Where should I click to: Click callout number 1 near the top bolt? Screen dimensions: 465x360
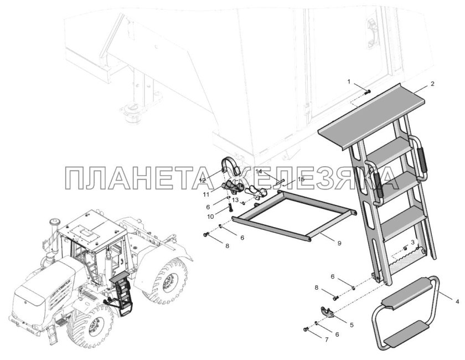(x=349, y=81)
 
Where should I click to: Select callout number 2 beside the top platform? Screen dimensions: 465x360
(x=432, y=84)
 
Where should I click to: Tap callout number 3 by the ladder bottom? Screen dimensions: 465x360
(x=413, y=243)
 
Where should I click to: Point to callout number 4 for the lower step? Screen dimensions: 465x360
(x=457, y=302)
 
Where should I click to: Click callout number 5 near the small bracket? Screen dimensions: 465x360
(x=352, y=325)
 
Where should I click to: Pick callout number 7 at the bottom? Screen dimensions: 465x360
(x=327, y=340)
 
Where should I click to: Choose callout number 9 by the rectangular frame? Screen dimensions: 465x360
(x=339, y=243)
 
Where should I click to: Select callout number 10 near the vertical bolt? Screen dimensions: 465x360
(x=210, y=217)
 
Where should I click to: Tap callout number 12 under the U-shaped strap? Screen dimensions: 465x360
(x=202, y=181)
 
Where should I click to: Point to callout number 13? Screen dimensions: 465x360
(x=235, y=200)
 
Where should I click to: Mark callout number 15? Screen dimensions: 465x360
(x=301, y=179)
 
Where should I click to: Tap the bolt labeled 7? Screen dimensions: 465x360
(x=306, y=330)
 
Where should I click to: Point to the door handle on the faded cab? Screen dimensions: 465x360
(x=372, y=32)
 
